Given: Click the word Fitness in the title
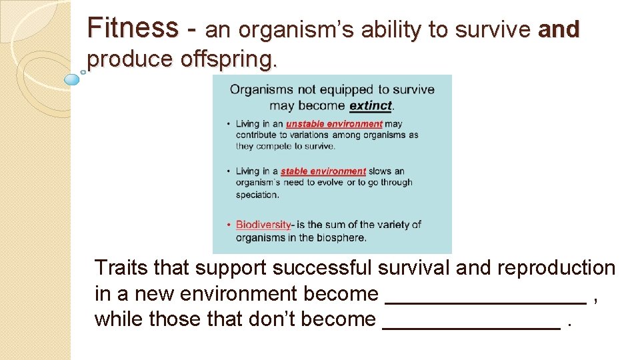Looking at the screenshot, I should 133,28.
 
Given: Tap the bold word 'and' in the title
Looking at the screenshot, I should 559,30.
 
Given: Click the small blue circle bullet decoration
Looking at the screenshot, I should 71,79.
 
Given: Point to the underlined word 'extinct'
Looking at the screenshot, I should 371,105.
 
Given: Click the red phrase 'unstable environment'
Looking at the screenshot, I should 334,124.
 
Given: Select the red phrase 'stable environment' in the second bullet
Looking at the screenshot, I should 323,172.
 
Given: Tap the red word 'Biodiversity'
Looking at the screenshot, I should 263,225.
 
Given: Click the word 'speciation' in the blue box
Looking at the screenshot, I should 257,195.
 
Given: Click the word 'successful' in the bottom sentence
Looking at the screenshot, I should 322,268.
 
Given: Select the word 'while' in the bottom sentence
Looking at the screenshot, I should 119,319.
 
